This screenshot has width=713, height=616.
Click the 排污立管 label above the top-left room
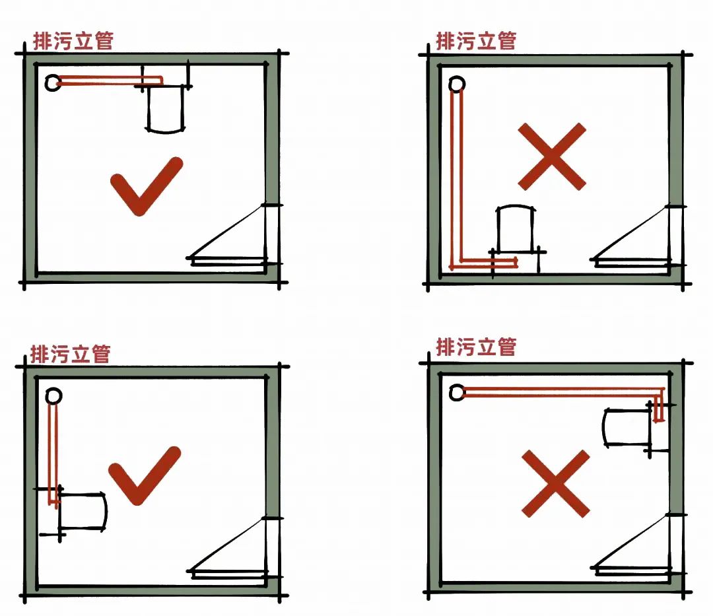73,41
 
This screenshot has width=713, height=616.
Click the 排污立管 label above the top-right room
475,40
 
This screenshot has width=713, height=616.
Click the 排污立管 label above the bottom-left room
70,353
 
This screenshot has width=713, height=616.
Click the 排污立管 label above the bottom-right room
475,346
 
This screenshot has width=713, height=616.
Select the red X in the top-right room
551,156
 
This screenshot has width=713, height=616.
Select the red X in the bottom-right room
555,483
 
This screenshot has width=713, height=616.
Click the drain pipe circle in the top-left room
53,83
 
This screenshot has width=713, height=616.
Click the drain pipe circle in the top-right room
456,85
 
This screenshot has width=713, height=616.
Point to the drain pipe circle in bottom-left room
54,396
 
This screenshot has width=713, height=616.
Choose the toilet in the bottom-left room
83,510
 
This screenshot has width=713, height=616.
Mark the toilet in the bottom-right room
628,427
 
